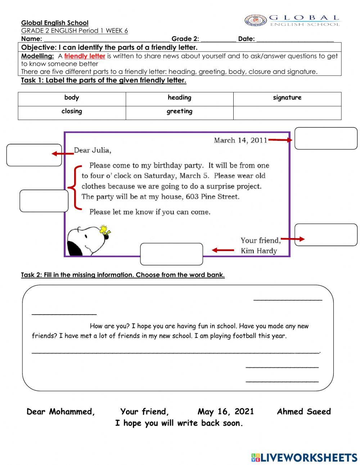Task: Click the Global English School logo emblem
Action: tap(256, 20)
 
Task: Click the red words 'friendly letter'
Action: tap(85, 56)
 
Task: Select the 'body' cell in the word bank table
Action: tap(72, 98)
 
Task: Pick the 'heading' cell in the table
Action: tap(179, 98)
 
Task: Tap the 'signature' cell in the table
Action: tap(287, 98)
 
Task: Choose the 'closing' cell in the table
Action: tap(72, 111)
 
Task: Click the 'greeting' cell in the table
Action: tap(179, 112)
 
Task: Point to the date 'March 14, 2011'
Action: tap(240, 140)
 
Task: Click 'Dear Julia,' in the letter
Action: tap(93, 150)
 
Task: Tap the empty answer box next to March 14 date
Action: tap(326, 138)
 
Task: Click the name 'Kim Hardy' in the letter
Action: tap(258, 251)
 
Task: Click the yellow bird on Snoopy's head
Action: tap(105, 231)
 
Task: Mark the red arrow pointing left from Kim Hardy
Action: tap(223, 250)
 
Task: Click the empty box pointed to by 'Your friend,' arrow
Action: tap(326, 235)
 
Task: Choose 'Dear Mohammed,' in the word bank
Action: tap(61, 412)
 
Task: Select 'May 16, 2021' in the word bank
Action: tap(225, 412)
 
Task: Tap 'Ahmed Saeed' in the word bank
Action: tap(303, 412)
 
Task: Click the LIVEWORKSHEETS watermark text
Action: tap(309, 457)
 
